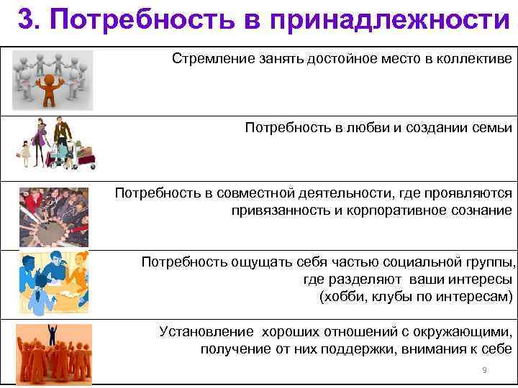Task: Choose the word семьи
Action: (490, 128)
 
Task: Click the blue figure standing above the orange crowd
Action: (52, 332)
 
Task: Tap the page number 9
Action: (484, 370)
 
